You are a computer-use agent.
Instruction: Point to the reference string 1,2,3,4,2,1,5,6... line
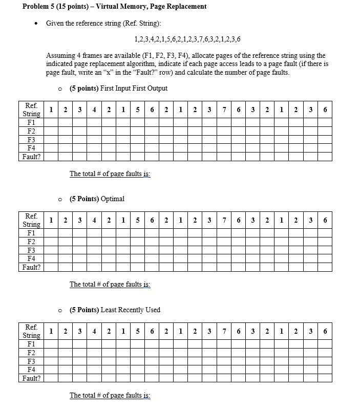187,39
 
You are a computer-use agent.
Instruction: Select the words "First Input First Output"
134,88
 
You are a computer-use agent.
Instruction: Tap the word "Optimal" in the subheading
113,199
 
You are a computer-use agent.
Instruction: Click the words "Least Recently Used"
131,310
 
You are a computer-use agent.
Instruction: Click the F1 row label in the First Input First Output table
31,123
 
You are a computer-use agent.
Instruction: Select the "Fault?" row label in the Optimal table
31,267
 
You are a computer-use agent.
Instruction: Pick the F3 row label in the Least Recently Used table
31,361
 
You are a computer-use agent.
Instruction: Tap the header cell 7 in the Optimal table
224,221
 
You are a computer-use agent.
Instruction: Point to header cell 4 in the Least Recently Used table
94,331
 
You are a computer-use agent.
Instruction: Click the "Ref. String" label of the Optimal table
31,221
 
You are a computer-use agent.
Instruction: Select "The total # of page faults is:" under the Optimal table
110,284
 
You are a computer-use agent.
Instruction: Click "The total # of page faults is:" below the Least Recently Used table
110,395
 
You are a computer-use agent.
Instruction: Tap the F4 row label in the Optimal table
31,258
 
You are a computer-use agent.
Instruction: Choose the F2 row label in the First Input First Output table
31,131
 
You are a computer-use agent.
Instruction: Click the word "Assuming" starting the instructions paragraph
61,55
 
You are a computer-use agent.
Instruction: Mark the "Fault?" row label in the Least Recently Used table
31,378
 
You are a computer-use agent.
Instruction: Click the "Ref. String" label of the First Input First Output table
31,110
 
